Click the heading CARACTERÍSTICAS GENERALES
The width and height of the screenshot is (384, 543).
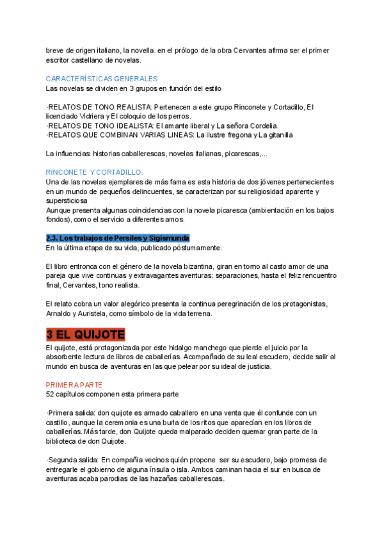pos(102,78)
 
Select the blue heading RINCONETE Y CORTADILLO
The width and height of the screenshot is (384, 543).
pos(95,172)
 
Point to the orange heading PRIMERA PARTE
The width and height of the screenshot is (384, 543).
pos(74,385)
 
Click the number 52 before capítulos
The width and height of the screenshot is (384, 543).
pos(51,394)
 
